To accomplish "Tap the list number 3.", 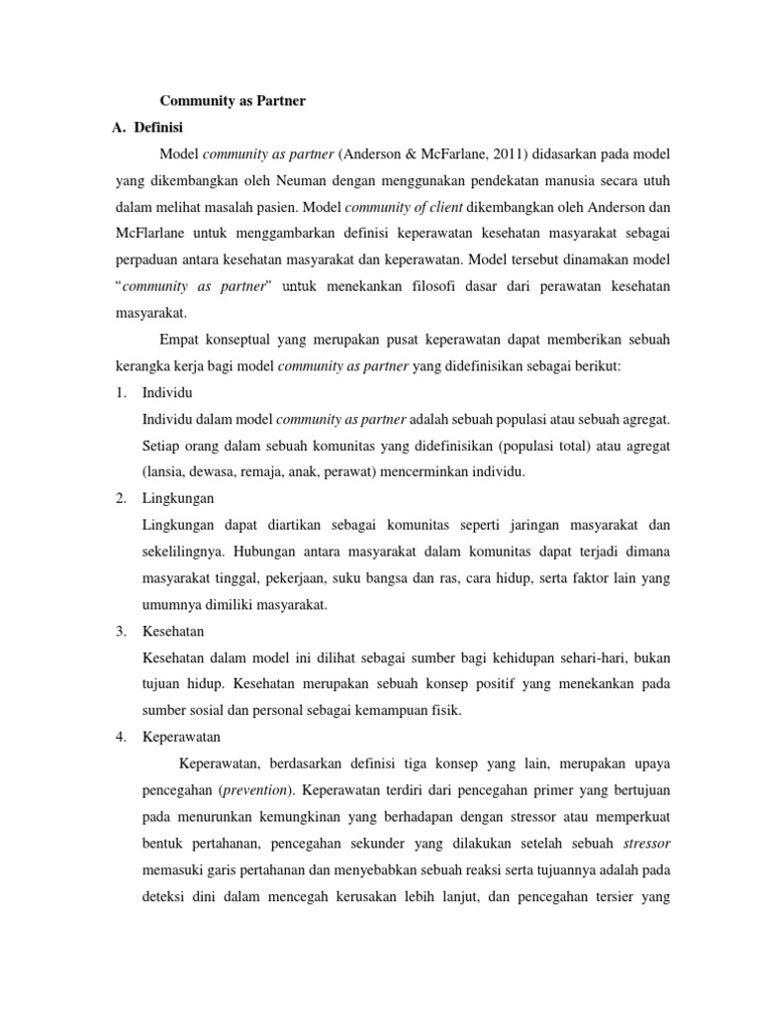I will (120, 631).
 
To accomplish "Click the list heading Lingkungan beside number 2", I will (178, 498).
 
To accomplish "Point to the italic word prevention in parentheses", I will (252, 790).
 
